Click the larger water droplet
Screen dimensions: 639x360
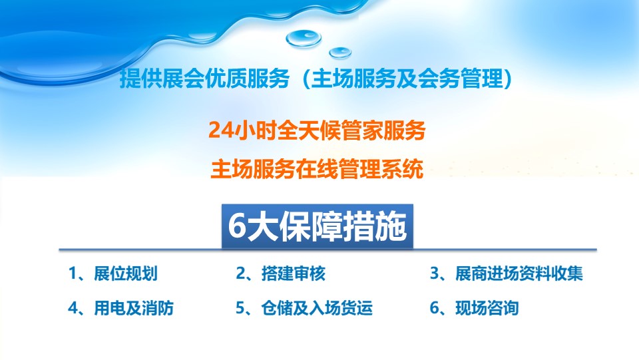304,39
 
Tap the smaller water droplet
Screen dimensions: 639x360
340,53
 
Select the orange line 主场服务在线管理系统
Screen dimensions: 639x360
317,169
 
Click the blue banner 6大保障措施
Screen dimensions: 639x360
317,226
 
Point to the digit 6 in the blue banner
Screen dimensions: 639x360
237,226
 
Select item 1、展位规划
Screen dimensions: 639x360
113,273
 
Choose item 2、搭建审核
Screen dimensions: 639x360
281,273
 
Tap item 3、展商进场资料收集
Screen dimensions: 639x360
507,273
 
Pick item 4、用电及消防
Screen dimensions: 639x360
121,308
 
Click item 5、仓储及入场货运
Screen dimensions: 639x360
304,308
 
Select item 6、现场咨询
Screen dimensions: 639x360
475,308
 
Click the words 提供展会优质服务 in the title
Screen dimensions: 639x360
204,79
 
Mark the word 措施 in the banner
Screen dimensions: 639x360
375,226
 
